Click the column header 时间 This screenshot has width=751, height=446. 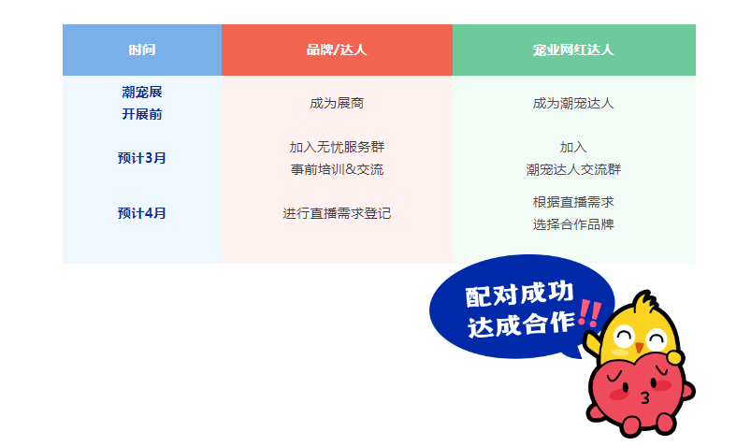[142, 50]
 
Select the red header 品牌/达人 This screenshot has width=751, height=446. [337, 50]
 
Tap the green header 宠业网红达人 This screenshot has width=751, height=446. [573, 50]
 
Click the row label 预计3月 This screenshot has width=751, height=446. [142, 158]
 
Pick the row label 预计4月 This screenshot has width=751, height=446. [142, 213]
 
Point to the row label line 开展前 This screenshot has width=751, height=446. [142, 114]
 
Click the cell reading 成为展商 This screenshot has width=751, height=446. [337, 103]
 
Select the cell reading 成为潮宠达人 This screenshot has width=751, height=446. [573, 103]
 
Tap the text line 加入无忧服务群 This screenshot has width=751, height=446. [337, 147]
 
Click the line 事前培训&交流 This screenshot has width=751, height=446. [337, 169]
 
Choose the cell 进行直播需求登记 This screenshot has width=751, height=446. [337, 213]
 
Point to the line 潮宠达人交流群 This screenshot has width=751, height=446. [573, 169]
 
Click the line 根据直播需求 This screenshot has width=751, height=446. [573, 202]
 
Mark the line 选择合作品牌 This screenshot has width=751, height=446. [573, 224]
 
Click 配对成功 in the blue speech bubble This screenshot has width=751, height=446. [519, 295]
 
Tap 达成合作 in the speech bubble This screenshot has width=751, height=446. [521, 324]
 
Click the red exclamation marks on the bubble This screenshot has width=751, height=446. [589, 313]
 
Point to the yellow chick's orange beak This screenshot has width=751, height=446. [639, 347]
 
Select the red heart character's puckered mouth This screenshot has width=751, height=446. [644, 397]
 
